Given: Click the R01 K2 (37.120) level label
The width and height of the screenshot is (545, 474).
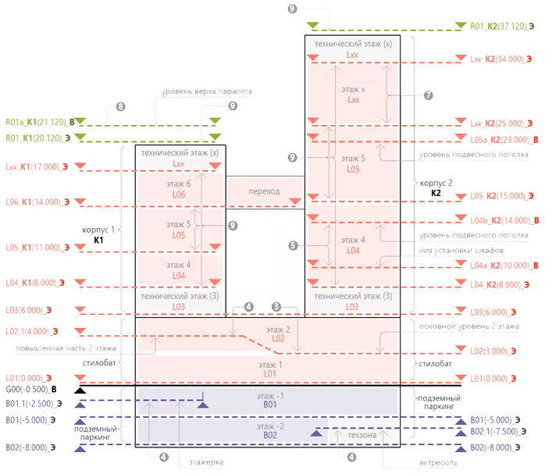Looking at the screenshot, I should (x=500, y=26).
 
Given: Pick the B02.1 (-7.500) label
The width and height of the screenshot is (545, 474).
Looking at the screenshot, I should (x=499, y=430).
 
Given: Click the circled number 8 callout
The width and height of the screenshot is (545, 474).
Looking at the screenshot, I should (x=119, y=105).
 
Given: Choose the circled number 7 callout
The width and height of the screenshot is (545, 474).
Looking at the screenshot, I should (x=429, y=94).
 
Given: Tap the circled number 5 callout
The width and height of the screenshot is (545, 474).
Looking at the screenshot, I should (x=293, y=244).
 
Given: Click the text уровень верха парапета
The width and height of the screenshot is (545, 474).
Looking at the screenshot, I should (x=208, y=91).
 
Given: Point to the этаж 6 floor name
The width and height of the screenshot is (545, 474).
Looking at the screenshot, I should (x=179, y=184).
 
